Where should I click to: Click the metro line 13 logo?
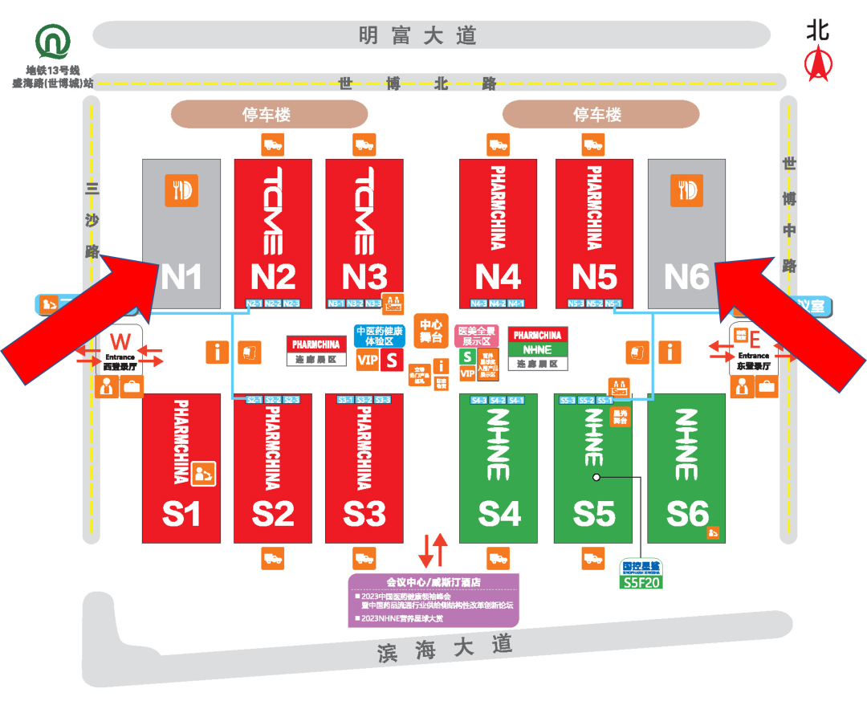pyautogui.click(x=53, y=43)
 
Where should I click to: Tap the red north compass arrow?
pyautogui.click(x=818, y=63)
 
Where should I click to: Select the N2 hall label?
pyautogui.click(x=273, y=276)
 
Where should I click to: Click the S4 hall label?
pyautogui.click(x=499, y=513)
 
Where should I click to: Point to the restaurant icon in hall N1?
pyautogui.click(x=181, y=190)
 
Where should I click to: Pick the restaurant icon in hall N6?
pyautogui.click(x=687, y=190)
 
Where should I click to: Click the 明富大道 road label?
pyautogui.click(x=417, y=35)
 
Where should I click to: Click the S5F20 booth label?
pyautogui.click(x=641, y=582)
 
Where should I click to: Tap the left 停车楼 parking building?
pyautogui.click(x=268, y=115)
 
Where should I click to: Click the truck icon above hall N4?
pyautogui.click(x=499, y=145)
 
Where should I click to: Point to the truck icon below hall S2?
pyautogui.click(x=273, y=558)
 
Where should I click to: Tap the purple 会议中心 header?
pyautogui.click(x=433, y=582)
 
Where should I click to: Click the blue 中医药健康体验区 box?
pyautogui.click(x=380, y=336)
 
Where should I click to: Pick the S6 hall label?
pyautogui.click(x=687, y=513)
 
